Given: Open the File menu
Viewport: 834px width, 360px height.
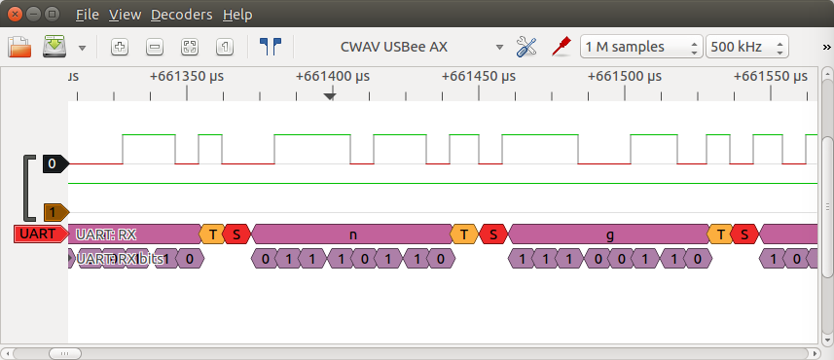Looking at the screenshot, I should tap(87, 15).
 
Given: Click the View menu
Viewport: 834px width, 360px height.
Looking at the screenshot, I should tap(125, 15).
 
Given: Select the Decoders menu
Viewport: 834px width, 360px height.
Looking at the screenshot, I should tap(181, 15).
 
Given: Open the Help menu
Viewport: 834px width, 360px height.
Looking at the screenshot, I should tap(236, 15).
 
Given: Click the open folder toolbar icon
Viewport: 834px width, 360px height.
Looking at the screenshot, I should tap(20, 47).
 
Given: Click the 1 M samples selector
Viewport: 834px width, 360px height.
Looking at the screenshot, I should tap(640, 47).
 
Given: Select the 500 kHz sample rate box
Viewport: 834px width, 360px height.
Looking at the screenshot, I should tap(746, 47).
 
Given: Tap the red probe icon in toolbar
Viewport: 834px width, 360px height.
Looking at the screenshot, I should tap(561, 47).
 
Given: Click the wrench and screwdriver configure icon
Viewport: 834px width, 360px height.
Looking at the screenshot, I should tap(526, 47).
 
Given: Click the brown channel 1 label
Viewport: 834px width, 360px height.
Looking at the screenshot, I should tap(54, 211).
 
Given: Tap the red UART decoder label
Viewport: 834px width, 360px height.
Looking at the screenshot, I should tap(39, 234).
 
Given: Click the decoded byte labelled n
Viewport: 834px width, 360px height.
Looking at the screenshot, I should tap(352, 234).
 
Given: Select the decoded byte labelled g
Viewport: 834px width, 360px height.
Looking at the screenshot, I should tap(609, 234).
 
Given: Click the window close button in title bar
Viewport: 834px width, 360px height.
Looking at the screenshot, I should tap(15, 14).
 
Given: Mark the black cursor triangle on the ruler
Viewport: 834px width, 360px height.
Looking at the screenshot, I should tap(330, 95).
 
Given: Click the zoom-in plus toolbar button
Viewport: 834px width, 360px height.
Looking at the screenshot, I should tap(120, 47).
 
